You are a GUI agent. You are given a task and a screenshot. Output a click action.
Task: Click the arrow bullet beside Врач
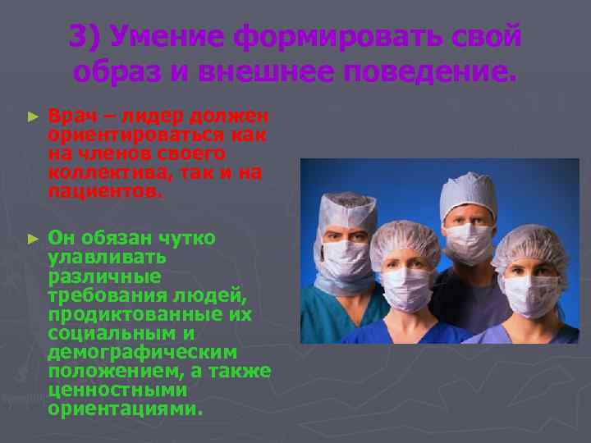point(33,119)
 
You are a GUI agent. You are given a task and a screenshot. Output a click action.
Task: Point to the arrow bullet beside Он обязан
point(33,239)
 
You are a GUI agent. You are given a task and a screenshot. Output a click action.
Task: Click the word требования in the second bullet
point(108,295)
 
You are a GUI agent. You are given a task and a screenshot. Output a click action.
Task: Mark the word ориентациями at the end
point(124,409)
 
